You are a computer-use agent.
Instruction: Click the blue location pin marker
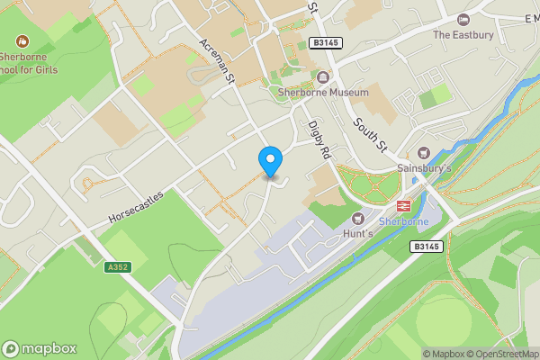(x=270, y=161)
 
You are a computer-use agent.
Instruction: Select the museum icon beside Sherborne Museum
(x=322, y=77)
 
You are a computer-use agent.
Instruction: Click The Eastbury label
(x=463, y=35)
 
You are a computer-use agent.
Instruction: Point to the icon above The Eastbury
(x=463, y=20)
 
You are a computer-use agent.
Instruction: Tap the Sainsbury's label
(x=424, y=168)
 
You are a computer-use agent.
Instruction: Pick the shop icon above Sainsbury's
(x=425, y=152)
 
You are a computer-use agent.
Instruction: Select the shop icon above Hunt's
(x=358, y=218)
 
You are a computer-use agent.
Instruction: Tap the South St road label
(x=368, y=134)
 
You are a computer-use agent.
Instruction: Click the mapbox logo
(x=39, y=348)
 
